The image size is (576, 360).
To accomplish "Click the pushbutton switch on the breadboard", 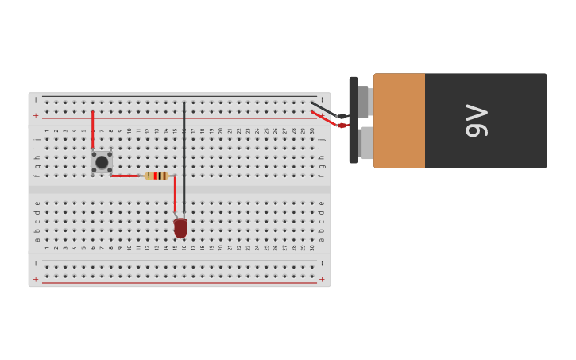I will click(x=102, y=162).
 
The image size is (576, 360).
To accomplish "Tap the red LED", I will click(x=180, y=228).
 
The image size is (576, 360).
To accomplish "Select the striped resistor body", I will click(x=157, y=176).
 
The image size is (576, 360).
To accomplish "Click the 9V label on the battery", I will click(x=476, y=121).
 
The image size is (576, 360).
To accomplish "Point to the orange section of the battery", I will click(x=399, y=121).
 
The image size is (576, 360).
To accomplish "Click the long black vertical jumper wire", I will click(x=184, y=155).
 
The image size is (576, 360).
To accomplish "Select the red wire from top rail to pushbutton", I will click(x=93, y=130).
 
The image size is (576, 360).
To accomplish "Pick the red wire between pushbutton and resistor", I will click(x=125, y=176).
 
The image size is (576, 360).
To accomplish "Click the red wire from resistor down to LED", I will click(x=175, y=195).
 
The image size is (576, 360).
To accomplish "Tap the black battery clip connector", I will click(x=353, y=120).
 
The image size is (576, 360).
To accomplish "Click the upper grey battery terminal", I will click(x=364, y=101).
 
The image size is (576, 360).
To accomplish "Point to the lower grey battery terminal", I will click(x=365, y=143).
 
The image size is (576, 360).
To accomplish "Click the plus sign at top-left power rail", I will click(x=36, y=116).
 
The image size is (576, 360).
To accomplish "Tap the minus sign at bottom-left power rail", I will click(x=36, y=263).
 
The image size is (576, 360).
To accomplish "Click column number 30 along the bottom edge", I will click(x=312, y=247).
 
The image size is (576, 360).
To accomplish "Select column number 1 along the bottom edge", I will click(x=47, y=247).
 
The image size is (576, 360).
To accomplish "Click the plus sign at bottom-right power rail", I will click(x=322, y=280).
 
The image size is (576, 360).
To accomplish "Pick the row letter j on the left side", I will click(x=37, y=139).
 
